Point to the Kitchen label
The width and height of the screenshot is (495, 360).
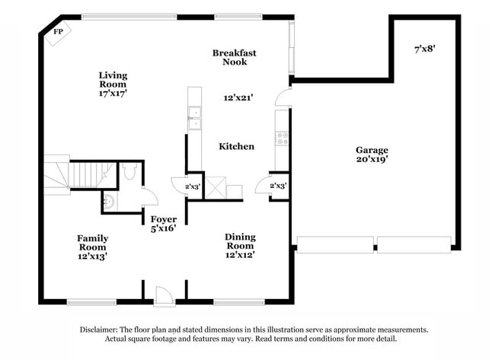coord(236,146)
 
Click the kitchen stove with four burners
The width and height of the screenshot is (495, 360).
coord(282,138)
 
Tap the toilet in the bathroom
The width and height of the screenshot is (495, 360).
coord(130,174)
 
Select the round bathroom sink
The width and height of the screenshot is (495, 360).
coord(110,202)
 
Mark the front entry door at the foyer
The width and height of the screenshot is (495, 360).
coord(163,295)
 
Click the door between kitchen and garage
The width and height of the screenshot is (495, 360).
coord(283,97)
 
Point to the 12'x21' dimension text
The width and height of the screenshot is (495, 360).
coord(238,97)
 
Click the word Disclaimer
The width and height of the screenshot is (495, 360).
coord(100,330)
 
